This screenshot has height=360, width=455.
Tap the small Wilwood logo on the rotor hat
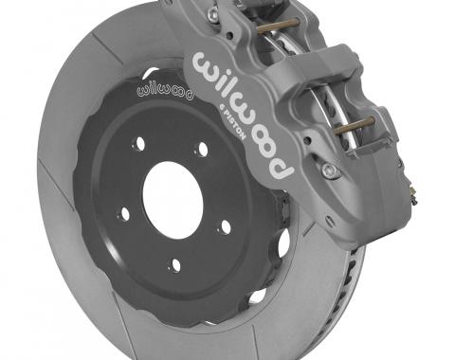point(162,92)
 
